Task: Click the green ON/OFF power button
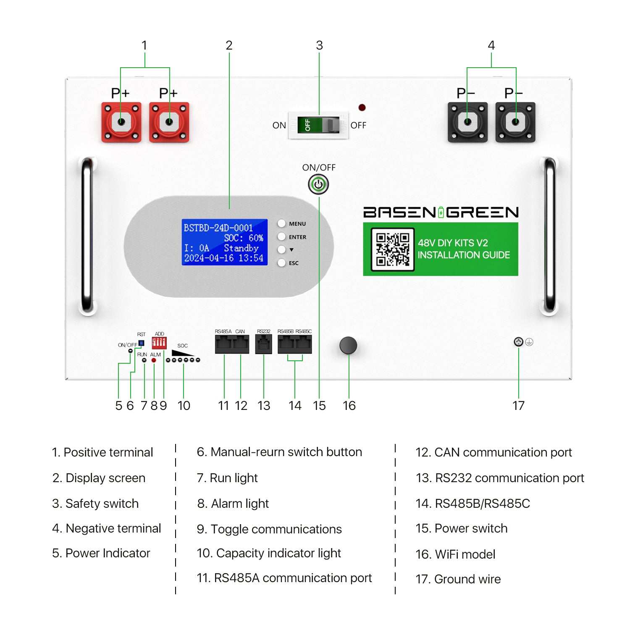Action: [318, 184]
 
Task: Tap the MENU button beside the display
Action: [282, 223]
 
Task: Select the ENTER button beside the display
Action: [282, 236]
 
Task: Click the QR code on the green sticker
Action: [392, 249]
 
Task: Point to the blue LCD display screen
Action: [224, 242]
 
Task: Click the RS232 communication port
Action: [263, 344]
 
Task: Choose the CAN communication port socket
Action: [241, 344]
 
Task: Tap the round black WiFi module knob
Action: [348, 345]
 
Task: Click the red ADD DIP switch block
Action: [159, 343]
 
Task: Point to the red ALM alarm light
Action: [154, 360]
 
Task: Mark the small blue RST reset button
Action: [142, 343]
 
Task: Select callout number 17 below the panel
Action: [518, 405]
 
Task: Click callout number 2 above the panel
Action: [229, 45]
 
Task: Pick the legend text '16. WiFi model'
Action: [455, 554]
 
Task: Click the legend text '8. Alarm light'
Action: [233, 504]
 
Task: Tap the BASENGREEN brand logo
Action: [441, 212]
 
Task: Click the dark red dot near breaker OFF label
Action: [362, 108]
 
